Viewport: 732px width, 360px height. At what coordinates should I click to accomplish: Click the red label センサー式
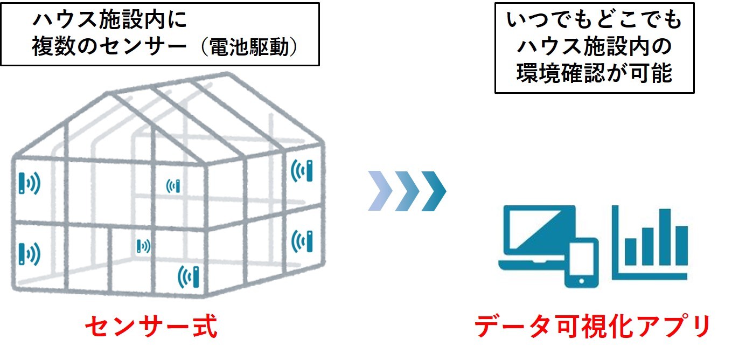[151, 327]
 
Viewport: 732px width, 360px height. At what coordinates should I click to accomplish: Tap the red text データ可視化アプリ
[593, 327]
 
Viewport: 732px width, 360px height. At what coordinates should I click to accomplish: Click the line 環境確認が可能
[594, 74]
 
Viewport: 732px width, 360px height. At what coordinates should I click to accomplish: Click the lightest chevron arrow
[381, 191]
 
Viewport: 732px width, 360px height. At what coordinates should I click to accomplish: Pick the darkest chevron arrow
[434, 191]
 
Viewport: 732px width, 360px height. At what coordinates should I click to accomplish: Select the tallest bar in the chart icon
[666, 237]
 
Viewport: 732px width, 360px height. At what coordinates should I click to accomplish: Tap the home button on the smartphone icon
[581, 281]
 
